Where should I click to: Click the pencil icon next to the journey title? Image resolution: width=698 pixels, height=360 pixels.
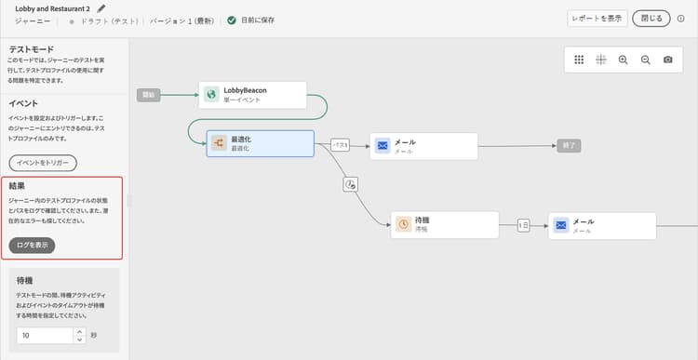coord(101,8)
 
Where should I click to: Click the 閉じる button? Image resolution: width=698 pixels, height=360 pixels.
coord(651,19)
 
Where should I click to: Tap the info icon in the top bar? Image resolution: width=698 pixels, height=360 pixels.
coord(680,19)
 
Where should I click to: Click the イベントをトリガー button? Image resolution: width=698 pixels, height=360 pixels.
coord(43,163)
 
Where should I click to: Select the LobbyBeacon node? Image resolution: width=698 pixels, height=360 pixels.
coord(253,95)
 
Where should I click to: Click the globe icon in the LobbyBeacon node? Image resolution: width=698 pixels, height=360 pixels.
coord(212,95)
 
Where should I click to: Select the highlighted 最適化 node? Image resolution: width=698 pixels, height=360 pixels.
coord(260,143)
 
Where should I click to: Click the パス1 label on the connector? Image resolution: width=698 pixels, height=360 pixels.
coord(341,145)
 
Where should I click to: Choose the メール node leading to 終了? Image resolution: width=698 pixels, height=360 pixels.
coord(424,146)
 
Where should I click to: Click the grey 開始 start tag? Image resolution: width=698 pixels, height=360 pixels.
coord(148,95)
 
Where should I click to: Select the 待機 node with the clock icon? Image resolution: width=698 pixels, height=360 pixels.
coord(443,225)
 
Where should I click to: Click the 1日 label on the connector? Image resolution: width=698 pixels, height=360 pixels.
coord(524,225)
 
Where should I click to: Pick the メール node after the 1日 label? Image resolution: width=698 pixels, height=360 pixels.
coord(602,226)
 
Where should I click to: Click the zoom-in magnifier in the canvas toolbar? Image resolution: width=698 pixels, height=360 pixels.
coord(623,60)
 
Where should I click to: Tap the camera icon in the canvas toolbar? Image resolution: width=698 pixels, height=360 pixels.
coord(668,60)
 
